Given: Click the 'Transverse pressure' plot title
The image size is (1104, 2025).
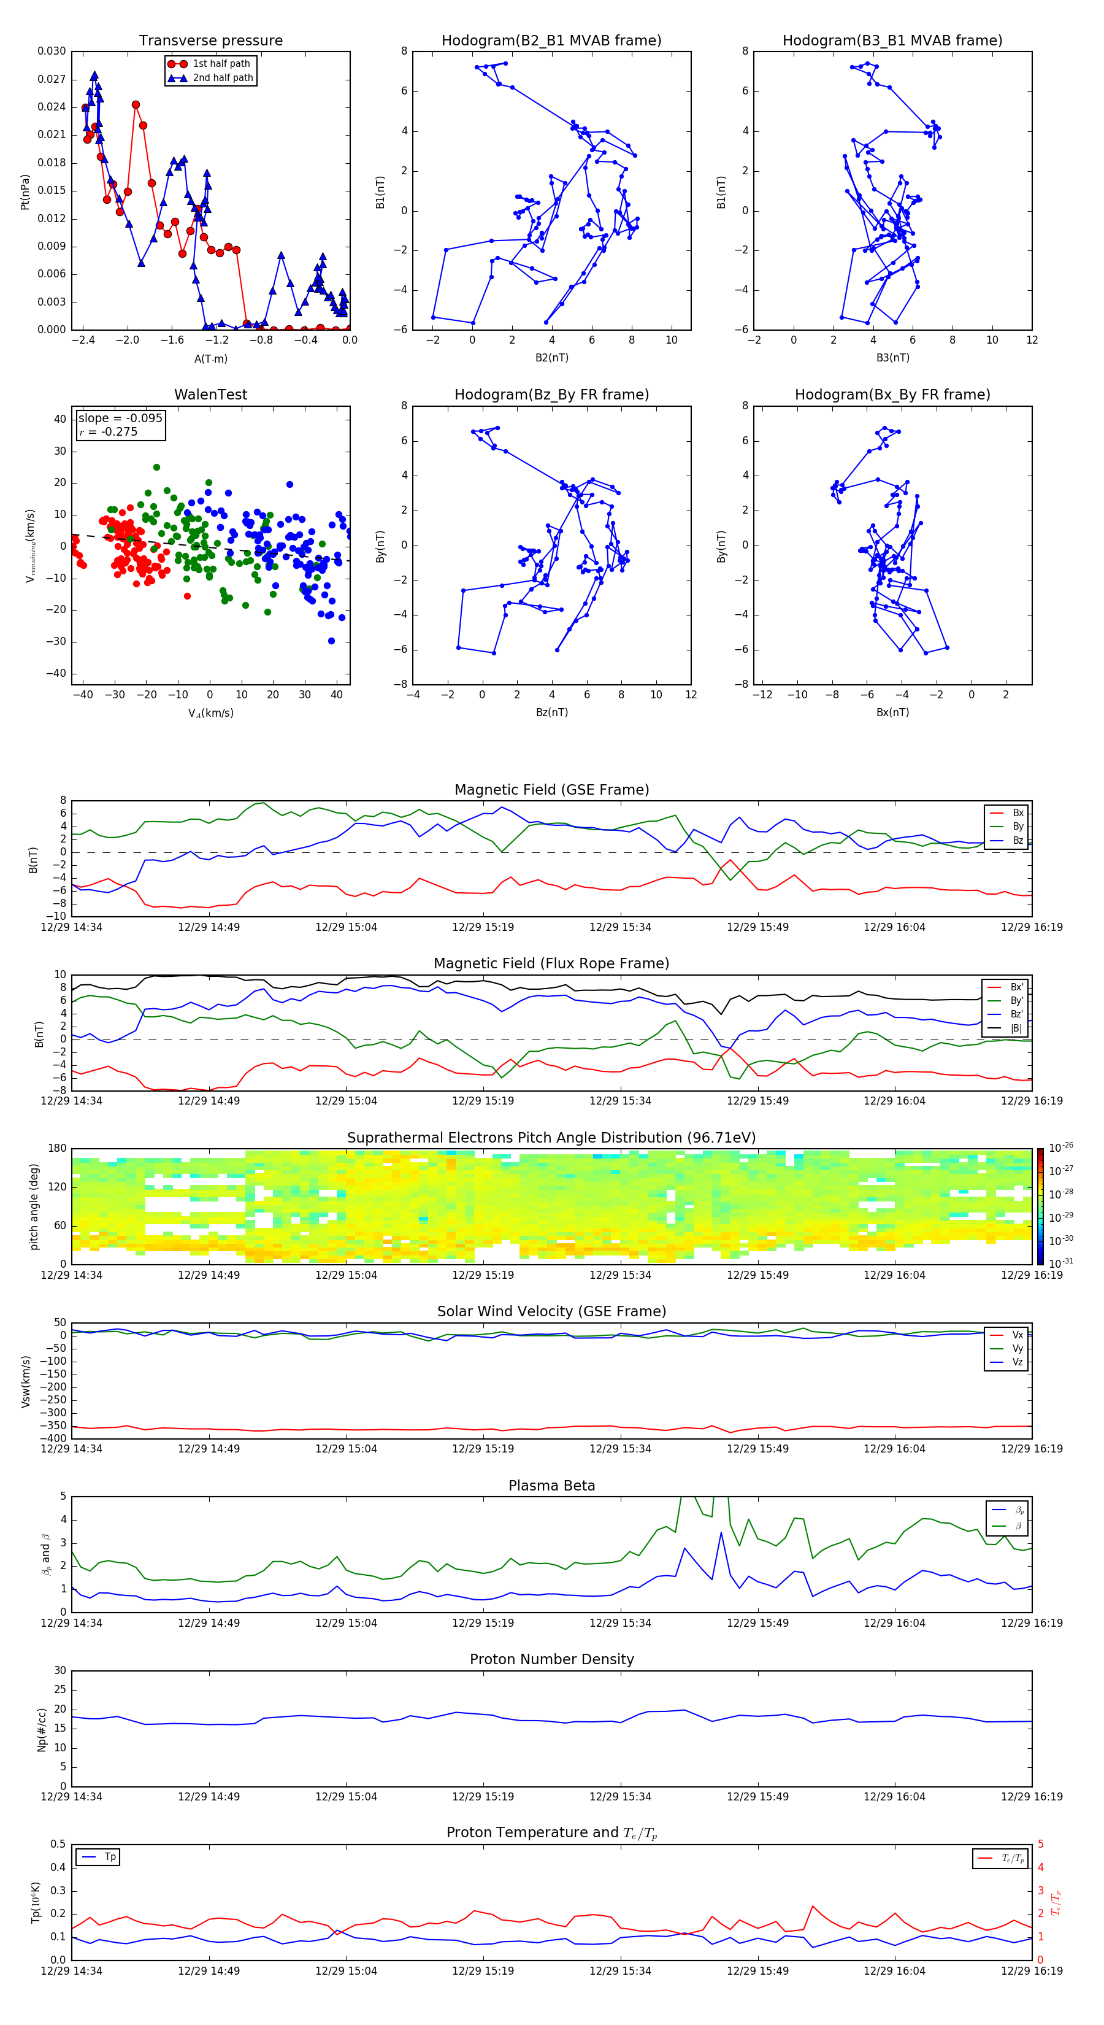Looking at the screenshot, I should [x=210, y=41].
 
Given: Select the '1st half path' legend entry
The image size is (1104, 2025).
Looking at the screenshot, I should [x=221, y=64].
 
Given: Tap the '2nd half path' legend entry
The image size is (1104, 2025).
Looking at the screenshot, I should [x=223, y=78].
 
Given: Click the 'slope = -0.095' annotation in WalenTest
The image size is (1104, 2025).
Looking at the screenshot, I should [x=120, y=418].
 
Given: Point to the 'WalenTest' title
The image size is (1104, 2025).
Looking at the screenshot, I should [x=210, y=395].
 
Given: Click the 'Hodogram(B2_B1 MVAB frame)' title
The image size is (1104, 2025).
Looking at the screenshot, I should [x=551, y=41].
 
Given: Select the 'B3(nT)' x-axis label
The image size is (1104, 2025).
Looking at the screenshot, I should [x=892, y=358].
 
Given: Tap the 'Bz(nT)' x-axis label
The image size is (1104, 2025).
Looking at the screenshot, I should [x=551, y=712].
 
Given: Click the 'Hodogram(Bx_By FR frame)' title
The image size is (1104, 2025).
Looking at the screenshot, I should [x=892, y=395].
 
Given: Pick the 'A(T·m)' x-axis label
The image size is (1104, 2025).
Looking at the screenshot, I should [x=210, y=358].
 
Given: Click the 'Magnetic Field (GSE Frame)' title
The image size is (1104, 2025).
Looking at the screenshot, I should [x=551, y=790].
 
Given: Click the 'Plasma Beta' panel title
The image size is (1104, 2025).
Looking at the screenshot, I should [x=551, y=1486].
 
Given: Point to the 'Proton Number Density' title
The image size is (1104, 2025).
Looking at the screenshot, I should [x=551, y=1659].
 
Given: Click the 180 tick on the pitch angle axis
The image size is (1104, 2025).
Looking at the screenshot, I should [x=58, y=1149].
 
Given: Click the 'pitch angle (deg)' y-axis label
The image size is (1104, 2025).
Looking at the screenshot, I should [x=34, y=1206].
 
